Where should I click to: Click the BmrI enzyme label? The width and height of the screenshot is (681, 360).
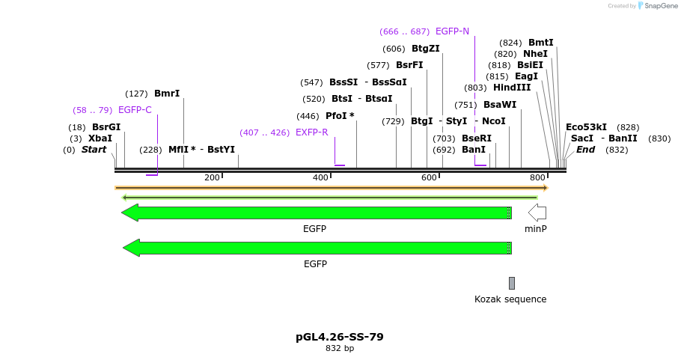(167, 94)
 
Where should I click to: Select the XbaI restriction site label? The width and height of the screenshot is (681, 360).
(100, 138)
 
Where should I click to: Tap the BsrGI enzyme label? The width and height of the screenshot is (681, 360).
(106, 127)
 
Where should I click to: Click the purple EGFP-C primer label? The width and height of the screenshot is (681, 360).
(135, 110)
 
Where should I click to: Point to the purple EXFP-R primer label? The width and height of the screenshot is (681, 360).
(312, 132)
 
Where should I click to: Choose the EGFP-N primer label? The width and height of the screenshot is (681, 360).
(452, 31)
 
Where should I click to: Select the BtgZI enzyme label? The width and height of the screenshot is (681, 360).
(426, 49)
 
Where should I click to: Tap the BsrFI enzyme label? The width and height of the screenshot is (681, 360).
(409, 65)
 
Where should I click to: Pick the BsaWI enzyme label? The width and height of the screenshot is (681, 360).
(500, 105)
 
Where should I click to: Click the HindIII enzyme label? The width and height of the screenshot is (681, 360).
(512, 88)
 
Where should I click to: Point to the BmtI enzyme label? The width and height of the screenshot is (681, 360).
(541, 43)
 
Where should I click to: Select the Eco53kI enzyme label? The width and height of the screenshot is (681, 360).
(586, 127)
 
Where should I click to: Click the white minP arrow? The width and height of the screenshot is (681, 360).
(537, 213)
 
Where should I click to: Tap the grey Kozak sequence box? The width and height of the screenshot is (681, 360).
(512, 283)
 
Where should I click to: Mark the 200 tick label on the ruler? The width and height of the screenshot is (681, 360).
(212, 177)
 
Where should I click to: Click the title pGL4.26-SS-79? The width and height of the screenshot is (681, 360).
(340, 337)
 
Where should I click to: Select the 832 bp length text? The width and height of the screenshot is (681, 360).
(340, 348)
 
